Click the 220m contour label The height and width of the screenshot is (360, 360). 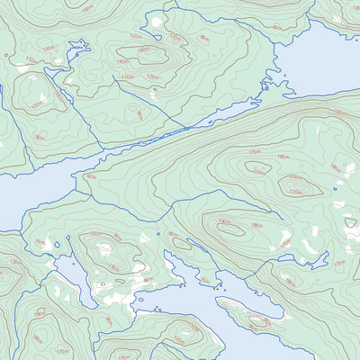(293, 191)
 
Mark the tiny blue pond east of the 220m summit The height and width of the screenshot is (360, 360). (337, 190)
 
